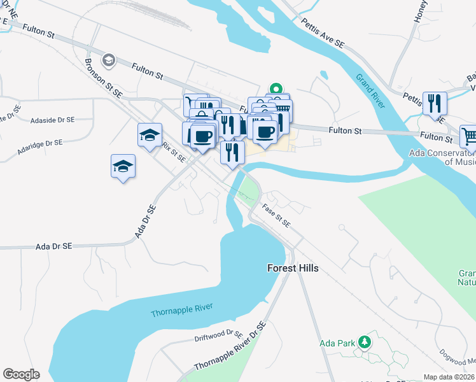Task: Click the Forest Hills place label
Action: click(292, 269)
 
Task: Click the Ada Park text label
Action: click(337, 343)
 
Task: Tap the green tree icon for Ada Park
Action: click(364, 342)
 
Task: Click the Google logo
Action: click(21, 374)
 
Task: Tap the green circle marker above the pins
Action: click(276, 88)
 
